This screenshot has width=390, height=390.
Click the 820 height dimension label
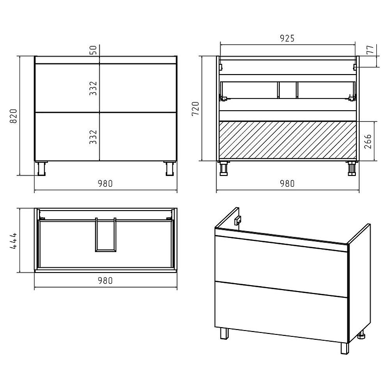point(13,116)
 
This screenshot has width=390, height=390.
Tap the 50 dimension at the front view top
point(93,50)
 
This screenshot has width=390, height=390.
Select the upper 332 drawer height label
point(93,88)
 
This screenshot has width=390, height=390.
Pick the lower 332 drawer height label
point(93,137)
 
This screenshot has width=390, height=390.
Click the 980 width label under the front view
point(105,184)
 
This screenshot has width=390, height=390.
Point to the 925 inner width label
point(287,38)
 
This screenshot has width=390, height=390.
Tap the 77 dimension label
point(370,50)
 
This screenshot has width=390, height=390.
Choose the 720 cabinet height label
point(195,109)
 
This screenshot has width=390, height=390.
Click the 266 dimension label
point(368,141)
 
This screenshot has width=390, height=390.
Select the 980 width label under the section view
point(287,184)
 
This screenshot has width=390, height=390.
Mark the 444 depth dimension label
point(13,240)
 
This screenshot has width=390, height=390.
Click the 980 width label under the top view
point(105,281)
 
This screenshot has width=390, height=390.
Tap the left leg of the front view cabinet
point(41,169)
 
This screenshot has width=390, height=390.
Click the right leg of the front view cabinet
point(170,169)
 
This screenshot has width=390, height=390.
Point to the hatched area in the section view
point(288,140)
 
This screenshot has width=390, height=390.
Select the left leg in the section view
point(224,168)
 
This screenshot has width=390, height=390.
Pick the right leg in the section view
point(352,168)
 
